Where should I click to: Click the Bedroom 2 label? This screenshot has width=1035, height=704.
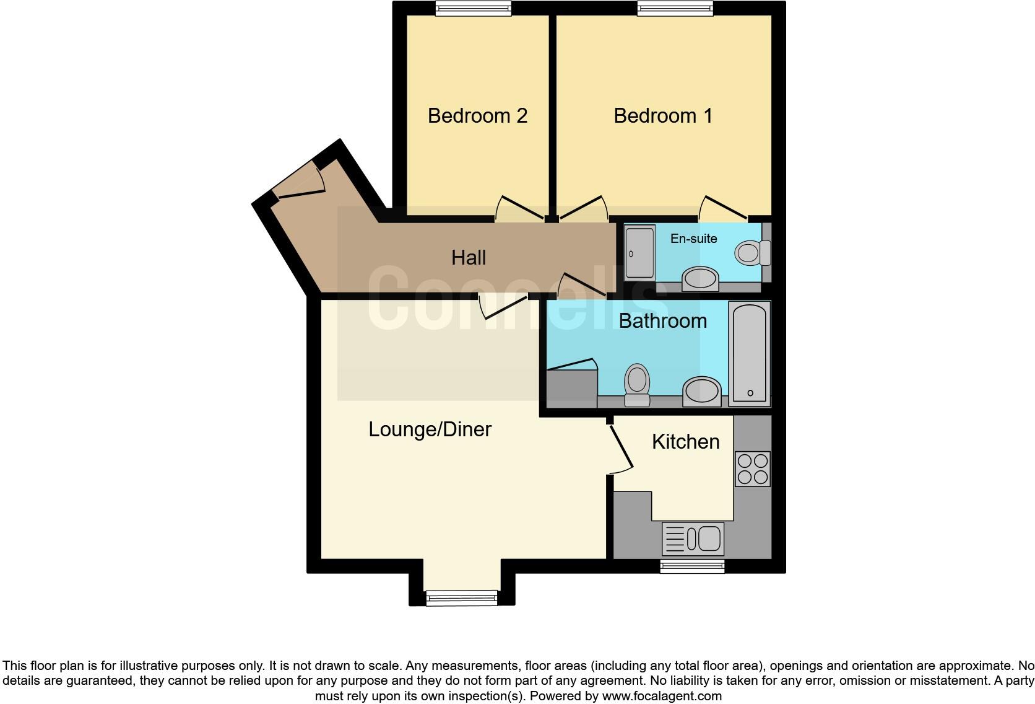click(477, 116)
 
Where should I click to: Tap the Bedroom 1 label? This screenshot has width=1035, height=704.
click(663, 116)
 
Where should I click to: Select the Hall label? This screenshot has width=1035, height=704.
click(469, 258)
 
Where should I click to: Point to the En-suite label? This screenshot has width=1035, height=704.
click(693, 239)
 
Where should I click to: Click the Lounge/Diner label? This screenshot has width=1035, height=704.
click(430, 429)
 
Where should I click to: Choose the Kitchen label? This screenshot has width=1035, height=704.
click(685, 442)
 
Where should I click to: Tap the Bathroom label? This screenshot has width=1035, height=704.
click(662, 321)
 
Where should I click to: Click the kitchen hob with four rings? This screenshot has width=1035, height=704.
click(752, 469)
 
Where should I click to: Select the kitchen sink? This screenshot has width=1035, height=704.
click(693, 538)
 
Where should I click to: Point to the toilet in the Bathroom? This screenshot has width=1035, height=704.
click(636, 384)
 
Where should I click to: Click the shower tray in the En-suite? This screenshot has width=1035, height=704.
click(639, 252)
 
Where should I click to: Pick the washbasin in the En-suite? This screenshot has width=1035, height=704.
click(700, 278)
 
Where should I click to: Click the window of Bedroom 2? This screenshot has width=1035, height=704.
click(474, 8)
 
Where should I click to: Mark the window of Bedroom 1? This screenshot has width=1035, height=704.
click(675, 8)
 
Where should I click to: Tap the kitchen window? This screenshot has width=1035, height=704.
click(691, 565)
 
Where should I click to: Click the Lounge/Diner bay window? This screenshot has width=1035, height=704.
click(462, 597)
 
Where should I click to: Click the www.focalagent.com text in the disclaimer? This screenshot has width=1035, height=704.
click(662, 696)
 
